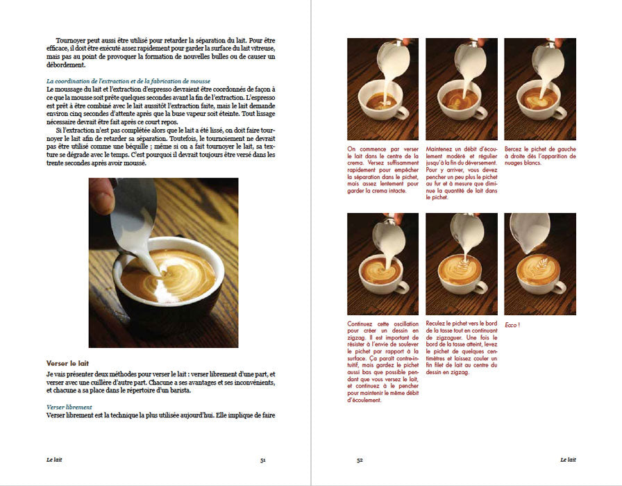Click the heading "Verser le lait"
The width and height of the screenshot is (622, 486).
tap(67, 363)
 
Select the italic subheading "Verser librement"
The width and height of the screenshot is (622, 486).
tap(69, 408)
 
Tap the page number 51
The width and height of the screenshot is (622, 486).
tap(262, 460)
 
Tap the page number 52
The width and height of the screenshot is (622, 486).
tap(360, 460)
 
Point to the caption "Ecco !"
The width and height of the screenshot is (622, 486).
tap(512, 325)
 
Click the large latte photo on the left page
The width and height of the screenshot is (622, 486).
tap(163, 262)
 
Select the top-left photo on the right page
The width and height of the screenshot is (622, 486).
tap(383, 89)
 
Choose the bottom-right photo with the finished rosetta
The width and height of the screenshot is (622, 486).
tap(539, 264)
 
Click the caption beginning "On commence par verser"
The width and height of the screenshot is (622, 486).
tap(383, 173)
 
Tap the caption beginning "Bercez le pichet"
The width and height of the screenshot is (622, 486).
tap(539, 153)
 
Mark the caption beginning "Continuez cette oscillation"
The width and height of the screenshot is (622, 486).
tap(383, 361)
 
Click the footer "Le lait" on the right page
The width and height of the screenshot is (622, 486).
tap(567, 460)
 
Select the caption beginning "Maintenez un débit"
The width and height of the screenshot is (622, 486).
tap(461, 173)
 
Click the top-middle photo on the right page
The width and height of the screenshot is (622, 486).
tap(461, 89)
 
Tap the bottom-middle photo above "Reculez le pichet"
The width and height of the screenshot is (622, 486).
tap(461, 264)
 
